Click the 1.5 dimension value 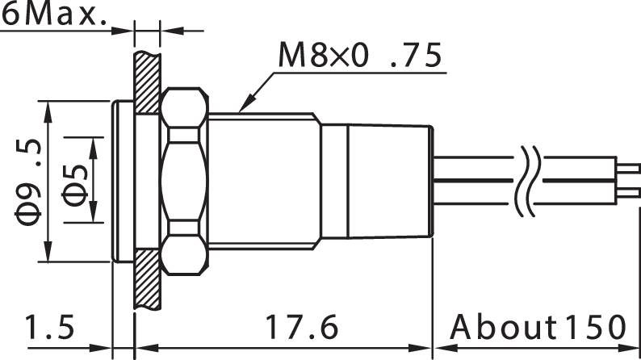click(50, 329)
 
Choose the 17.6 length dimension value click(301, 329)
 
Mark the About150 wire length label click(538, 329)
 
